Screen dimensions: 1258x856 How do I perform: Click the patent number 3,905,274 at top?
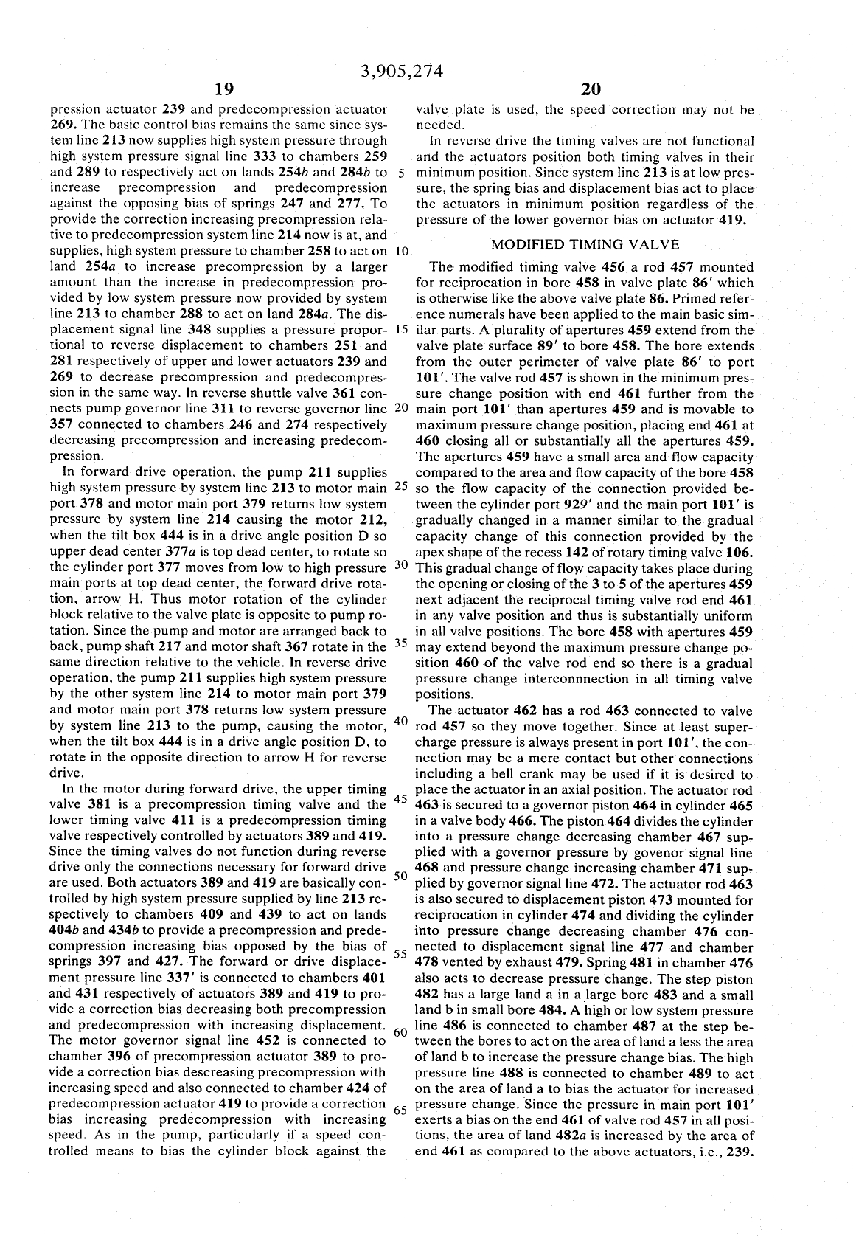click(401, 72)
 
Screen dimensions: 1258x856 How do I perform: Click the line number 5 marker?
click(398, 173)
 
